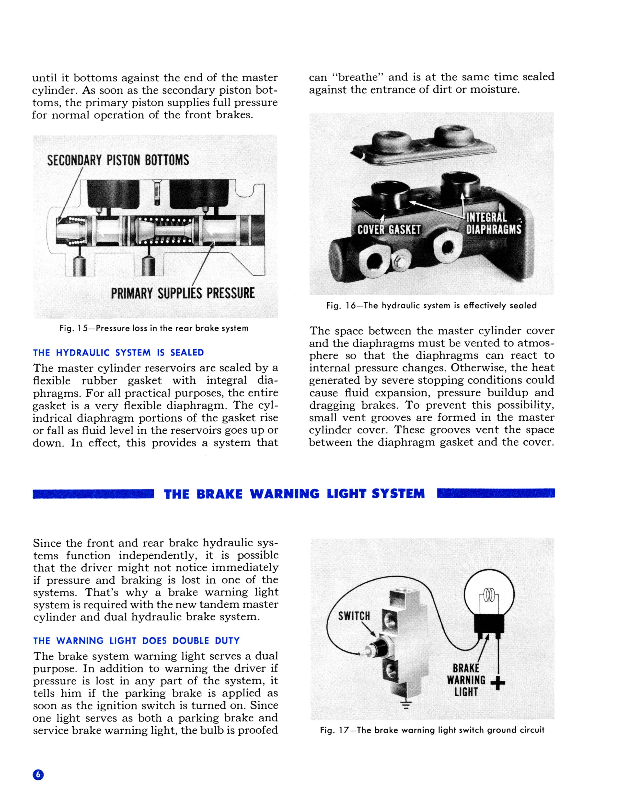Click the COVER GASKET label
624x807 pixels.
click(x=389, y=230)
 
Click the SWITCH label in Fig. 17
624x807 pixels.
click(x=354, y=616)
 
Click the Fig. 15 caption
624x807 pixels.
click(x=154, y=328)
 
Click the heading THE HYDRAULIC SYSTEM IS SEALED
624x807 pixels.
click(x=118, y=352)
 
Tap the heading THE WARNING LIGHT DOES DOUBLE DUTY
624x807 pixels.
click(x=136, y=640)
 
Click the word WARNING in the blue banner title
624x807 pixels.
click(x=285, y=494)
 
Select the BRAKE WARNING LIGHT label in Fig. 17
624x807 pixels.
click(x=466, y=680)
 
